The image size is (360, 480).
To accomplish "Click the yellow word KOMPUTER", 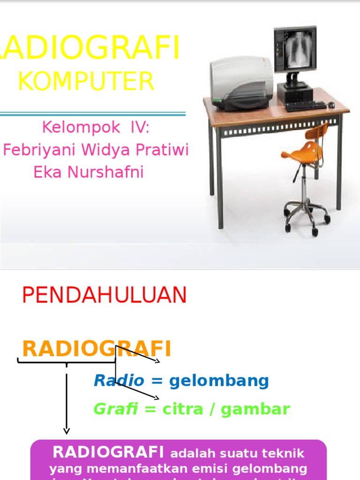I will tap(86, 82).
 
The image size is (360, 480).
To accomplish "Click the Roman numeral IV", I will tap(141, 127).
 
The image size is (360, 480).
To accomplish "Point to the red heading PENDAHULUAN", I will tap(105, 295).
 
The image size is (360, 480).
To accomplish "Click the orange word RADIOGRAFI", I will tap(97, 349).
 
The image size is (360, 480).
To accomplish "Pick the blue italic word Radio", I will tap(119, 381).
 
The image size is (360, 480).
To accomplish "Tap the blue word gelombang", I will tap(219, 381).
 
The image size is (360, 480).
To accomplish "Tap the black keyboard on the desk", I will tap(305, 106).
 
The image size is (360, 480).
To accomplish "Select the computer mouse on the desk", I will tap(331, 105).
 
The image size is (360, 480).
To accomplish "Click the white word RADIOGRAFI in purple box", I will tap(108, 452).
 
